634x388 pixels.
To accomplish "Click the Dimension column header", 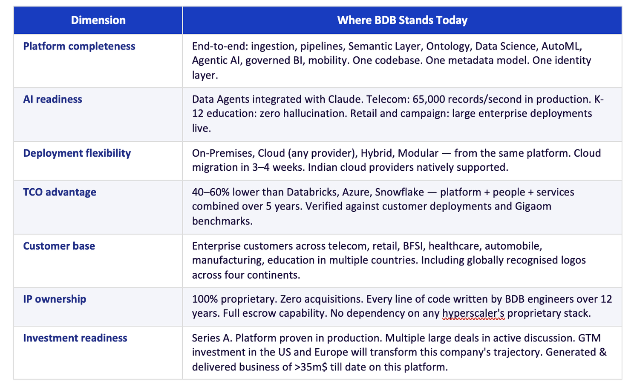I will [98, 20].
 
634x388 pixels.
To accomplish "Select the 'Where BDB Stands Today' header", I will [402, 20].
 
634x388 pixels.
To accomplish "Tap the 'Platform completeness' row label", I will [79, 46].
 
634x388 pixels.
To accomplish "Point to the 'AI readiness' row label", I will [52, 99].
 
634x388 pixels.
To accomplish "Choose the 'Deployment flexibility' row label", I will [77, 153].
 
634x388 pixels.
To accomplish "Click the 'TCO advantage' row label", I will [60, 192].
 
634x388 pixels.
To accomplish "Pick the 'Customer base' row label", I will [59, 246].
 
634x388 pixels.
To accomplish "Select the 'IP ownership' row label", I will [55, 299].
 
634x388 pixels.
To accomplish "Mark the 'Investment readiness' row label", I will [75, 338].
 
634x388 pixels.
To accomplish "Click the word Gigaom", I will [532, 206].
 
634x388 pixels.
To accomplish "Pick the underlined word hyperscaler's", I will [473, 313].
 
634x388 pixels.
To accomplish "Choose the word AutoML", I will [559, 46].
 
